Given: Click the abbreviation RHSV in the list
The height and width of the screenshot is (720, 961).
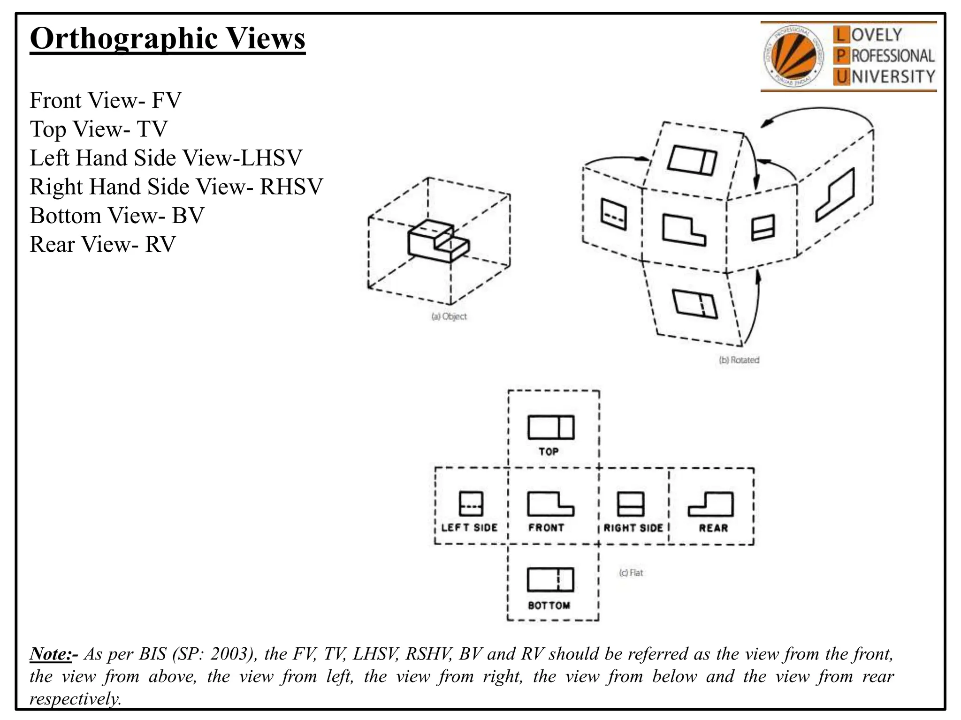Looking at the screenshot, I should (291, 187).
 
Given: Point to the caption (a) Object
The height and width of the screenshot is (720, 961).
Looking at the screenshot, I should (449, 316).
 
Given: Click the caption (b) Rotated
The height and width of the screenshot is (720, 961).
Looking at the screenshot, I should (739, 360).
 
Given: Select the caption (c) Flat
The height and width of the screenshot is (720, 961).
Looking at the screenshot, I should (631, 573).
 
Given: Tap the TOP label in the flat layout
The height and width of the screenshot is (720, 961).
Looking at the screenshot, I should (549, 451).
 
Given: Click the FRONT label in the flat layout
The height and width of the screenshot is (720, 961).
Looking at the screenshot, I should (546, 528).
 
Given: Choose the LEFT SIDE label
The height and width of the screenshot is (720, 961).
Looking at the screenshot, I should (469, 528).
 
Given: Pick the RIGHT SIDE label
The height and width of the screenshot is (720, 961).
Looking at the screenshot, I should (633, 528).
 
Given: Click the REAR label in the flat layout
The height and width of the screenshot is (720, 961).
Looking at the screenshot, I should (713, 528).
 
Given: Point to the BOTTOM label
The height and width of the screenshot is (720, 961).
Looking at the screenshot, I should (549, 606).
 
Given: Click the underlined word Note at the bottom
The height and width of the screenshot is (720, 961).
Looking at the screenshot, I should (51, 653).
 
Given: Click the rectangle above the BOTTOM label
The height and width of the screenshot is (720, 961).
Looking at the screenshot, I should (550, 580).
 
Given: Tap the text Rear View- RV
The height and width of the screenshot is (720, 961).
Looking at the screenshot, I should (103, 244).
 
